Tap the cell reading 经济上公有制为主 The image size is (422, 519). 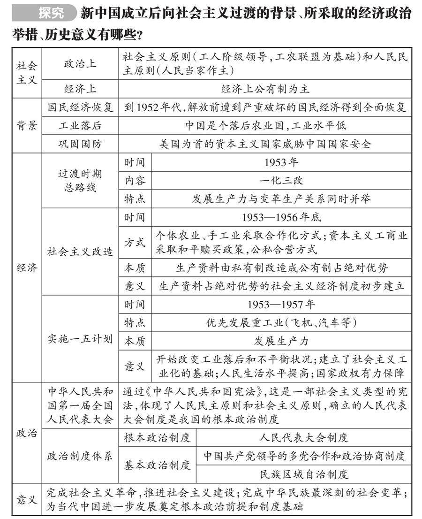click(x=265, y=89)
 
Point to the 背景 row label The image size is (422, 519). click(x=27, y=125)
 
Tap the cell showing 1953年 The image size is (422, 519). click(x=281, y=162)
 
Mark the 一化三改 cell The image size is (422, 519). click(x=281, y=180)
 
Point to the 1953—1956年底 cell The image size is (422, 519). click(x=281, y=217)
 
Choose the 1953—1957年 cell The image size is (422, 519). click(x=281, y=304)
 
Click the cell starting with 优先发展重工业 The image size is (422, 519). click(x=281, y=322)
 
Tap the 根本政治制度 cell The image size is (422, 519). click(x=157, y=438)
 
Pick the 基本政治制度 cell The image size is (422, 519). click(x=157, y=465)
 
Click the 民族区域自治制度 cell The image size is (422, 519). click(x=304, y=474)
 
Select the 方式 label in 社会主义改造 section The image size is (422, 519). click(x=135, y=242)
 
